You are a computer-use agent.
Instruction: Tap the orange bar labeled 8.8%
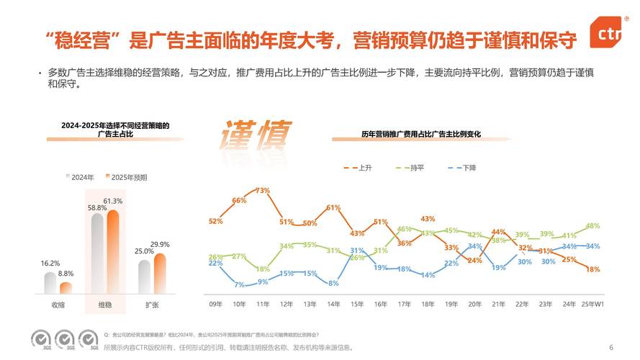point(66,287)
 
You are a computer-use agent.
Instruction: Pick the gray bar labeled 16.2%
point(50,282)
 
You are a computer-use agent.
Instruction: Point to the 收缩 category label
point(58,305)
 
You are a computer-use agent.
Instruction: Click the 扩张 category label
point(152,305)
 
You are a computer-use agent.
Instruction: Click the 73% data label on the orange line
point(263,191)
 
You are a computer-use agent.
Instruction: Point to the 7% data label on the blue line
point(239,285)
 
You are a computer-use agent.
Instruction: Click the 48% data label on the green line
point(593,225)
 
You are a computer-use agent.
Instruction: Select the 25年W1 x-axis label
point(592,305)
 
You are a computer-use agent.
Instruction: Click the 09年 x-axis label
point(215,305)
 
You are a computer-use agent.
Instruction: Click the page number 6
point(611,347)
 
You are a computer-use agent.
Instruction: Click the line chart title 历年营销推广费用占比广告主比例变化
point(420,135)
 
